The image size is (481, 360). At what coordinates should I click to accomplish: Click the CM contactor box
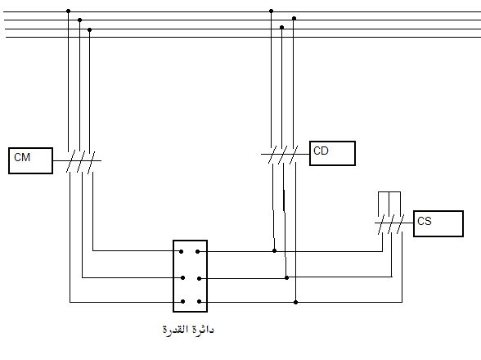click(31, 161)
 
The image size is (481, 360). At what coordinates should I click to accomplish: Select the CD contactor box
click(332, 154)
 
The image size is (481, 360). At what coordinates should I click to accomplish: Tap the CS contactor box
click(438, 223)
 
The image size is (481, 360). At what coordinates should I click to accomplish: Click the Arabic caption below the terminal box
click(188, 331)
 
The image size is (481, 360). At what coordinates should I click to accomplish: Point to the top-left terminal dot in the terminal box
click(182, 252)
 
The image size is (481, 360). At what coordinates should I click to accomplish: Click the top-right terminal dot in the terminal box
click(198, 252)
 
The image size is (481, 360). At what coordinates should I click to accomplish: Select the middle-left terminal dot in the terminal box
click(183, 278)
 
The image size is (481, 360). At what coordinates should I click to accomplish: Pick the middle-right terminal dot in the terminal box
click(199, 279)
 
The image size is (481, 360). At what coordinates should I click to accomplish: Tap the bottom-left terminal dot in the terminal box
click(183, 302)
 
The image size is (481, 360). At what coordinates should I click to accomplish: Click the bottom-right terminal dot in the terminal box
click(199, 302)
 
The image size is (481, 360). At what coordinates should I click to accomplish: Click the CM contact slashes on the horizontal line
click(81, 162)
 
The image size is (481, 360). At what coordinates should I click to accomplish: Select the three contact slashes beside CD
click(283, 155)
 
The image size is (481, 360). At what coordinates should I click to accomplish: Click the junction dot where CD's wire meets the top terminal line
click(275, 251)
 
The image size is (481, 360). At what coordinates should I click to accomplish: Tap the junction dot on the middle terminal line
click(286, 278)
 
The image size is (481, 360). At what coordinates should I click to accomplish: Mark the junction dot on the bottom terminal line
click(296, 302)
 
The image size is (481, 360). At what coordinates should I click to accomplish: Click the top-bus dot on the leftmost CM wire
click(69, 11)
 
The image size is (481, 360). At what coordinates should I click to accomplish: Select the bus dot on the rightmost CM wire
click(90, 30)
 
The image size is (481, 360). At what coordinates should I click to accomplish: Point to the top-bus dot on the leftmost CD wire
click(272, 11)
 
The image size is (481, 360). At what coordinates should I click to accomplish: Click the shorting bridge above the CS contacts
click(389, 192)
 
